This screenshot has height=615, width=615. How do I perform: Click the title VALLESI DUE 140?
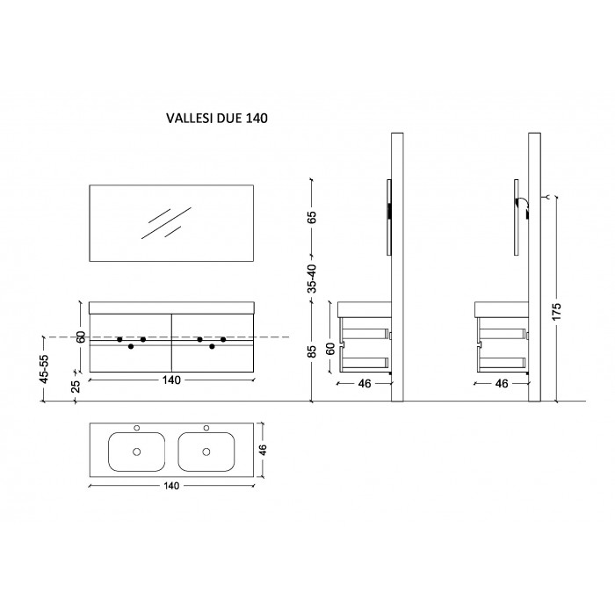pos(217,118)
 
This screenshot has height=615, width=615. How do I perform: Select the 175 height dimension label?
pos(556,311)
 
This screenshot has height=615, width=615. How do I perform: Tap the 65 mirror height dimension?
pos(311,217)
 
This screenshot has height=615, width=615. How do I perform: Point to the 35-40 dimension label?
pos(311,279)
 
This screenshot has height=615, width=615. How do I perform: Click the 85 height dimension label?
pos(311,351)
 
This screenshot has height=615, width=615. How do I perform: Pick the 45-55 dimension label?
pos(44,369)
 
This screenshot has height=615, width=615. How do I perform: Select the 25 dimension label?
pos(76,387)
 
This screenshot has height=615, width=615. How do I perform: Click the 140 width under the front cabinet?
pos(171,380)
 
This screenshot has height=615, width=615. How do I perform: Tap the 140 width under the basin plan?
pos(171,486)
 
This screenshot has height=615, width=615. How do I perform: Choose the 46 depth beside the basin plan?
pos(263,450)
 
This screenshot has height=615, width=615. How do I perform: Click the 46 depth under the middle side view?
pos(365,384)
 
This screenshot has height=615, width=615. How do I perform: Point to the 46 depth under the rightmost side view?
pos(502,384)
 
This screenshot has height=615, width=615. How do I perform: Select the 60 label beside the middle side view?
pos(330,348)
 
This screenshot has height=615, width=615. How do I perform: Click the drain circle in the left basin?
pos(136,452)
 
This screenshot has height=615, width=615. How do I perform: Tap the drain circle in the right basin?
pos(206,452)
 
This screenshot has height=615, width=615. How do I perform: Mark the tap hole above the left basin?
pos(136,428)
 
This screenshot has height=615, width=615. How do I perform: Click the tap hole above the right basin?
pos(206,428)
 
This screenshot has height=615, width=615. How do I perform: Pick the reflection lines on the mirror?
pos(166,223)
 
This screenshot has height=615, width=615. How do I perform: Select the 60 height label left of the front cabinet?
pos(81,336)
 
